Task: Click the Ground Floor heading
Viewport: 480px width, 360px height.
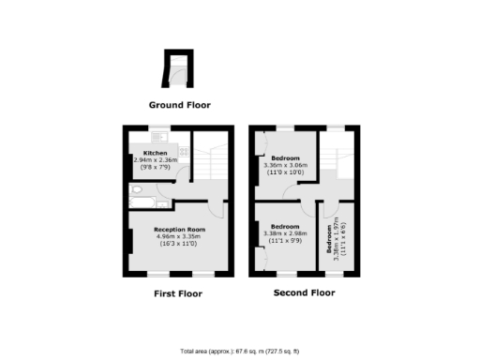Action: point(178,105)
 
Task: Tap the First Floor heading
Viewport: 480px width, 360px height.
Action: point(177,293)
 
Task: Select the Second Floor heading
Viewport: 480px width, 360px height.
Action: point(304,292)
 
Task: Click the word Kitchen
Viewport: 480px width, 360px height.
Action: point(155,153)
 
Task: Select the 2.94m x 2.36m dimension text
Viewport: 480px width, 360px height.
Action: point(155,160)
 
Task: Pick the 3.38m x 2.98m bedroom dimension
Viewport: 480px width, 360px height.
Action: point(285,233)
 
